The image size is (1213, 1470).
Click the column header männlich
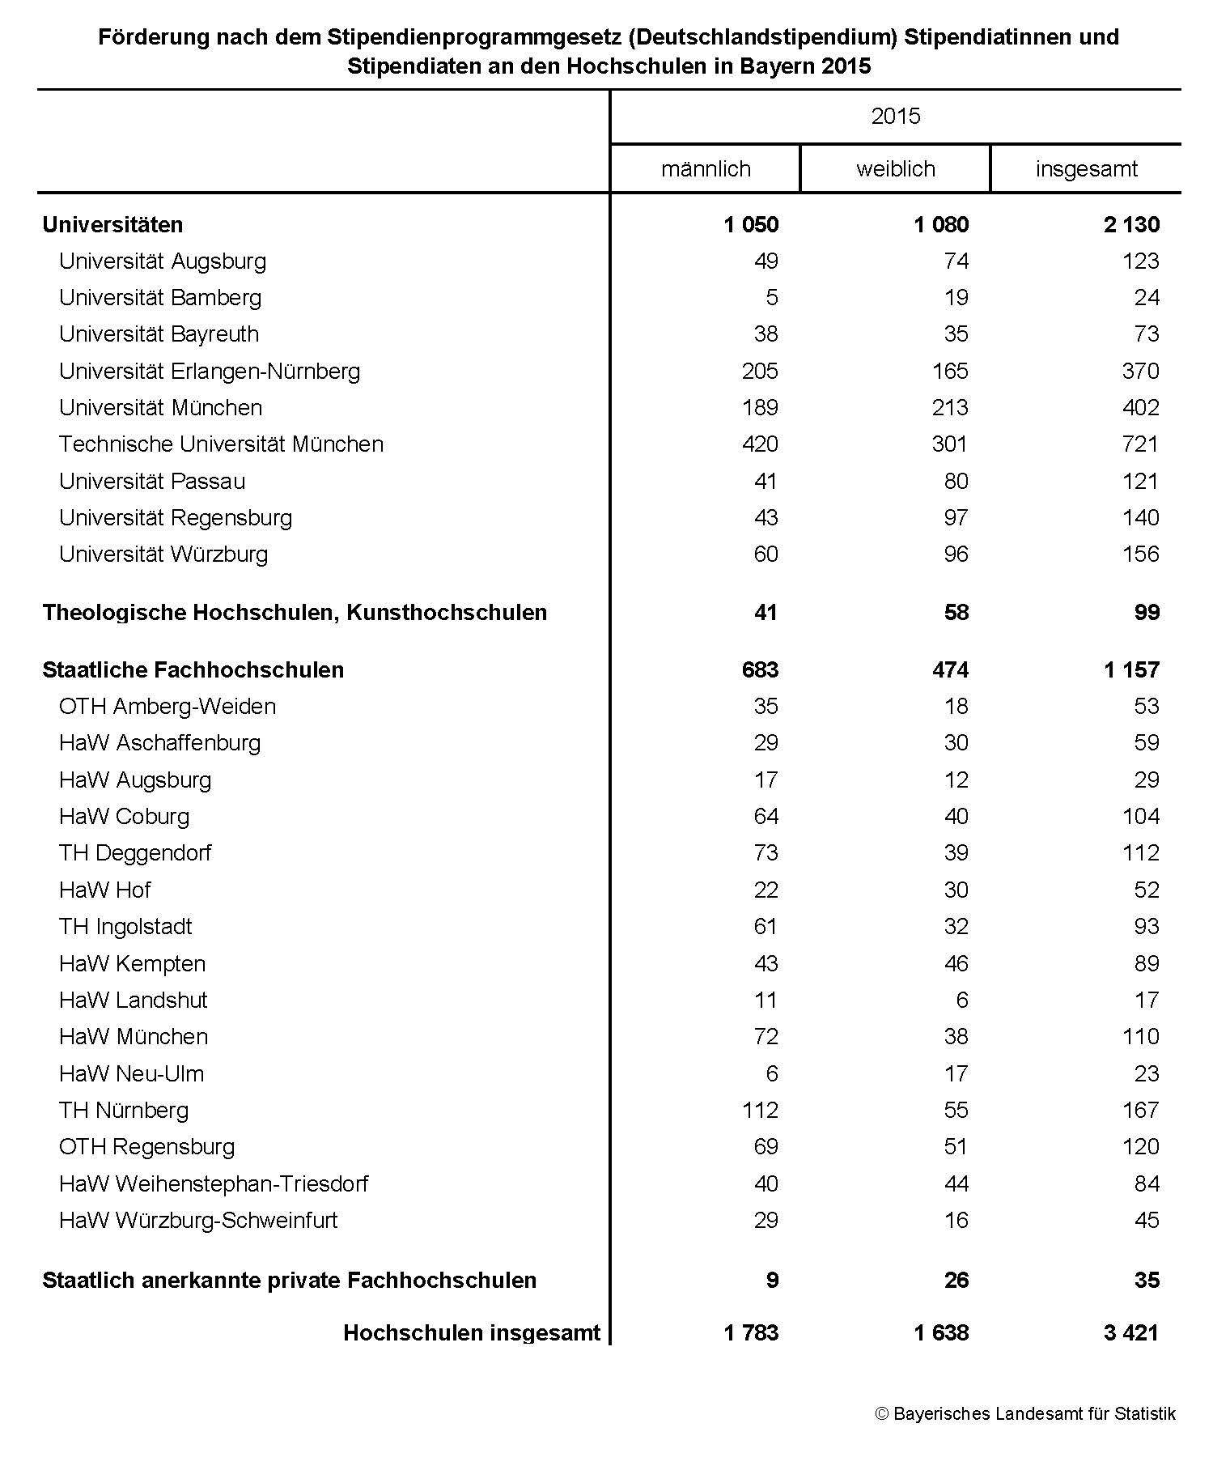coord(706,169)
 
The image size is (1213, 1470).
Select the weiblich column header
coord(895,169)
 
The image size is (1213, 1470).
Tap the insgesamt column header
coord(1086,169)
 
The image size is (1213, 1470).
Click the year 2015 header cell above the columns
coord(895,117)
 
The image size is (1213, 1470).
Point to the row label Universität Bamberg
coord(160,298)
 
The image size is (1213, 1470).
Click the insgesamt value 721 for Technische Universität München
coord(1140,444)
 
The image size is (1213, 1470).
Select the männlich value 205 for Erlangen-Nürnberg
coord(760,372)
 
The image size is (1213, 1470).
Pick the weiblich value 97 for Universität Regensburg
coord(956,518)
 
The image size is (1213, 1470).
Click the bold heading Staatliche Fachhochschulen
coord(193,670)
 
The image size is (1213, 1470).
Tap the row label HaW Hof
coord(104,890)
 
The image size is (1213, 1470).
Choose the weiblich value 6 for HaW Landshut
coord(961,1001)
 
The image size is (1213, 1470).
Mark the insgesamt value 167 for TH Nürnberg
coord(1140,1111)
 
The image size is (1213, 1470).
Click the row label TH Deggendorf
coord(135,853)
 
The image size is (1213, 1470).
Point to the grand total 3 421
coord(1130,1333)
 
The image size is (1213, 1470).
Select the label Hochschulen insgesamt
coord(472,1333)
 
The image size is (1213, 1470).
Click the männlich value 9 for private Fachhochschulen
coord(772,1281)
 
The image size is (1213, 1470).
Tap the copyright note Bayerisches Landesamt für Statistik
coord(1025,1414)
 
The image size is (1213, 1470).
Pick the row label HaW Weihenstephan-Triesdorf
coord(214,1184)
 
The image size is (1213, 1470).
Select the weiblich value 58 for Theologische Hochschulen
coord(956,613)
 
